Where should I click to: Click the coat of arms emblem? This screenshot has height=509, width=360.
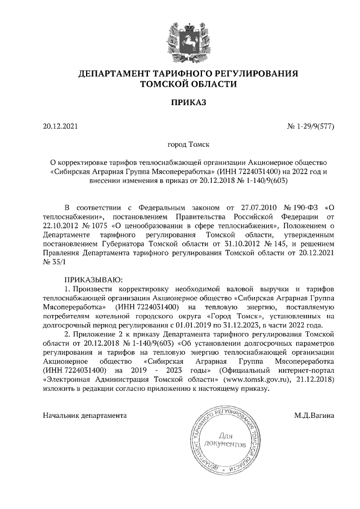(x=180, y=37)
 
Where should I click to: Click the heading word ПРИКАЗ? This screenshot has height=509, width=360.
(x=180, y=102)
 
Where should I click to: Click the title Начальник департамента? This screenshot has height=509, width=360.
(x=84, y=416)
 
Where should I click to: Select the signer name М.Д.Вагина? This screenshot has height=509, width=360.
(x=314, y=416)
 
